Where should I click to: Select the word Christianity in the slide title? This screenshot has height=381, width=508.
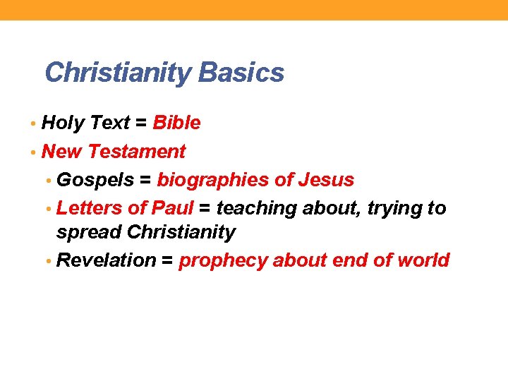pos(119,73)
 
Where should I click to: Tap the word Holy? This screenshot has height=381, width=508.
pos(61,123)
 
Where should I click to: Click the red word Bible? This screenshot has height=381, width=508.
pos(176,123)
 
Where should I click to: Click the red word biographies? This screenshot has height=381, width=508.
pos(212,180)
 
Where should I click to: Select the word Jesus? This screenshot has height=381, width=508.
pos(326,180)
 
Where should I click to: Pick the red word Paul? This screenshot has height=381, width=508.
pos(172,208)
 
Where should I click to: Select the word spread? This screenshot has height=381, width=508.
pos(88,232)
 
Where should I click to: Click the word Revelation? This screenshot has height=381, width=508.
pos(106,260)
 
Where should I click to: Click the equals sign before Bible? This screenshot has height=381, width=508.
pos(141,123)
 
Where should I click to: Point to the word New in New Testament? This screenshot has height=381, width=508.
pos(62,152)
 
